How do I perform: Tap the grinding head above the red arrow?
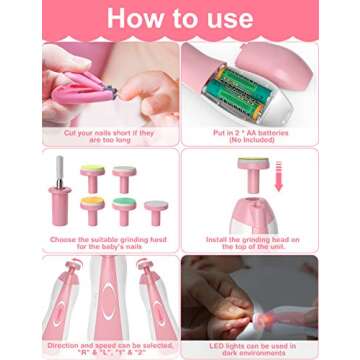coord(256,170)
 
